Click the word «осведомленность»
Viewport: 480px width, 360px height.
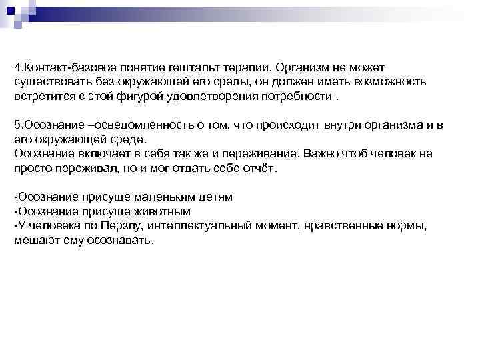(x=125, y=126)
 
